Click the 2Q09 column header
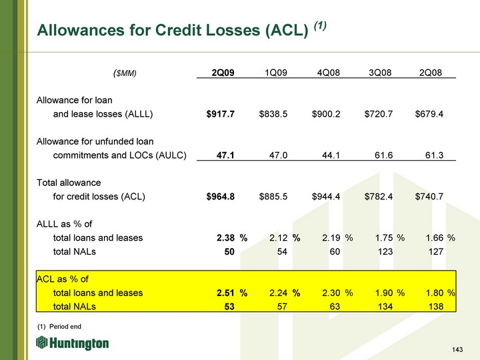[x=223, y=73]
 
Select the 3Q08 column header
[x=380, y=73]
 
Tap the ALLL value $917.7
[x=221, y=114]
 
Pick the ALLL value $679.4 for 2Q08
[x=429, y=114]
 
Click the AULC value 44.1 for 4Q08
[x=331, y=155]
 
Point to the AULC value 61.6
[x=383, y=155]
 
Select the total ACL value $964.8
[x=221, y=196]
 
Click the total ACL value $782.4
[x=379, y=196]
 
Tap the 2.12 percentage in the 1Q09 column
[x=278, y=237]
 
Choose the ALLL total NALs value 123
[x=385, y=251]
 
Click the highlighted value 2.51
[x=225, y=293]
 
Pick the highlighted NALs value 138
[x=436, y=306]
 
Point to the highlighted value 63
[x=335, y=306]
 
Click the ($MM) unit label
[x=125, y=73]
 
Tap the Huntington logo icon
[x=41, y=342]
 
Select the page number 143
[x=457, y=349]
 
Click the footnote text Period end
[x=65, y=326]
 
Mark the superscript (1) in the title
[x=320, y=26]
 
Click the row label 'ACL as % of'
[x=63, y=279]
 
